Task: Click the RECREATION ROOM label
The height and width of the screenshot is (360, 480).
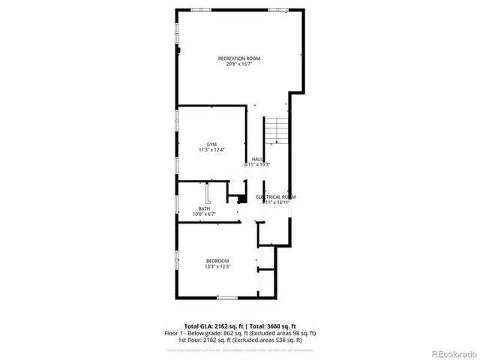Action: point(239,58)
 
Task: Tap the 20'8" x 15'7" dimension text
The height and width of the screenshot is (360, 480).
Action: point(239,64)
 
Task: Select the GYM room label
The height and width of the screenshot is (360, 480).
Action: point(212,144)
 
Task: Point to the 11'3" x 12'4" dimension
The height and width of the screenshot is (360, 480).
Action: point(212,150)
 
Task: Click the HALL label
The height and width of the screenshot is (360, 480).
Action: point(257,159)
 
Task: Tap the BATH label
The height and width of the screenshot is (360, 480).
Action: point(204,208)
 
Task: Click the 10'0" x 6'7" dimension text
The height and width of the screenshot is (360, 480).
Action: point(204,214)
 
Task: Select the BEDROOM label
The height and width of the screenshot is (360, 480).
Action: point(217,260)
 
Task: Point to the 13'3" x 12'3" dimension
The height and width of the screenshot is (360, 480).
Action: point(217,266)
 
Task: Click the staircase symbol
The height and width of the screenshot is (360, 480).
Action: point(277,130)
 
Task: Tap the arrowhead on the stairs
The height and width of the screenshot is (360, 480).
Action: point(276,140)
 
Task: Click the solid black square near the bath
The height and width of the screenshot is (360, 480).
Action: point(241,199)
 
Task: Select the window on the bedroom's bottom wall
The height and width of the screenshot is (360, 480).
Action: point(227,298)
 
